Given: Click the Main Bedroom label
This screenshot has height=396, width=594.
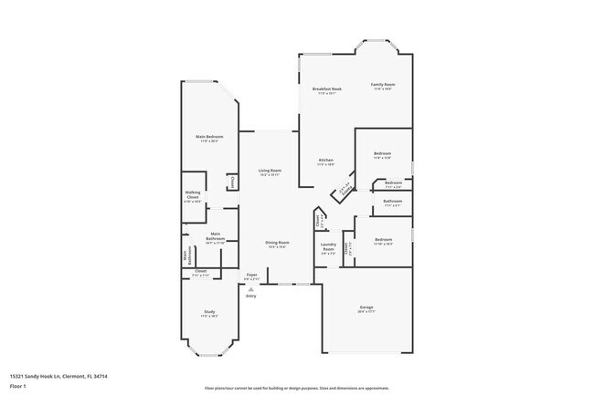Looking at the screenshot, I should coord(209,137).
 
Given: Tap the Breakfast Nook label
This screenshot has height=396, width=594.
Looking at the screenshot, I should coord(326,89).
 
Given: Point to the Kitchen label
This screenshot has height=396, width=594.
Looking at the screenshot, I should coord(326,161).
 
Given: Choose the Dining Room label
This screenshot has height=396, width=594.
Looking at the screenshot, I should coord(276,242).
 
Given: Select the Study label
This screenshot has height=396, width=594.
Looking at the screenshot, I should coord(209,312).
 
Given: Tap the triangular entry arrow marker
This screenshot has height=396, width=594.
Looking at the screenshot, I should coord(251,289).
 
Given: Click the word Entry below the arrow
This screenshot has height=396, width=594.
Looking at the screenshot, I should coord(251,296).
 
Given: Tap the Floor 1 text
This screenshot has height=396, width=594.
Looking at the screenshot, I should coord(18,386).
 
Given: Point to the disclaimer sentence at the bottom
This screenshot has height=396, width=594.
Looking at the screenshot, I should coord(296,389).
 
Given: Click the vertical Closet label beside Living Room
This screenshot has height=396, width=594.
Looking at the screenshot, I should coord(233,182).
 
